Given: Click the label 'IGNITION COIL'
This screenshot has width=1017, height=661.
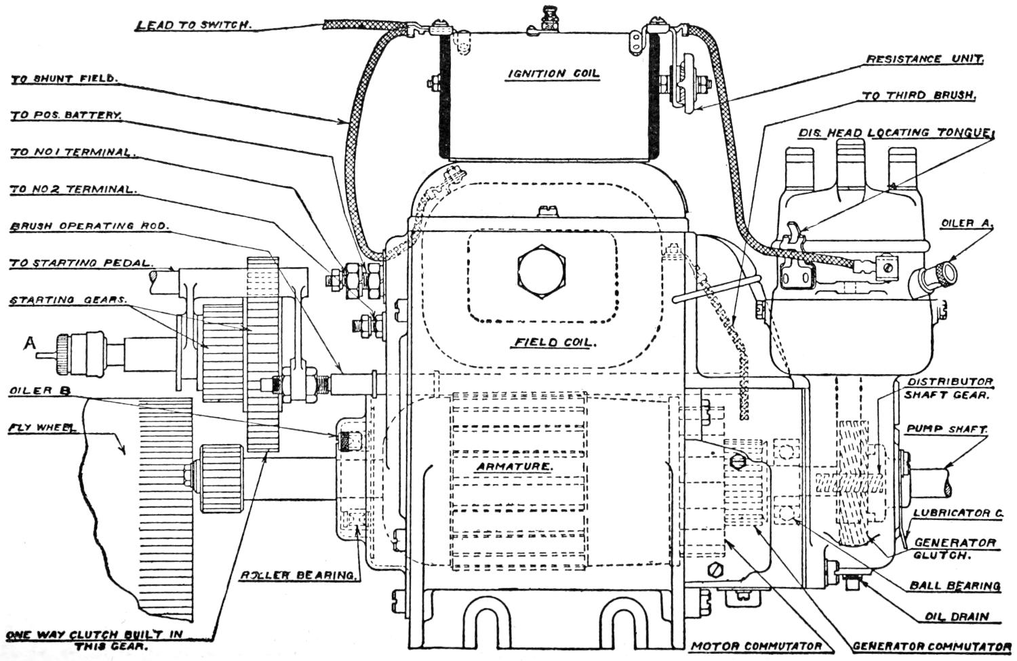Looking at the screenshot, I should click(x=554, y=74).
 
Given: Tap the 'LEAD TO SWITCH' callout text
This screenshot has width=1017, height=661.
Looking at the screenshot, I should click(x=193, y=26).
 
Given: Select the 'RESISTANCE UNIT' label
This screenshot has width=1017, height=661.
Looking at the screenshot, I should click(x=924, y=60).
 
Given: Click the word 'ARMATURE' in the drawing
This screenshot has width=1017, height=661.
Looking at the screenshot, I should click(x=513, y=467).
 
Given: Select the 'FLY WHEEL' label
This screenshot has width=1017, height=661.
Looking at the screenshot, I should click(x=42, y=428).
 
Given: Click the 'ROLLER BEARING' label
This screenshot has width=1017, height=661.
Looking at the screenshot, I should click(x=299, y=576).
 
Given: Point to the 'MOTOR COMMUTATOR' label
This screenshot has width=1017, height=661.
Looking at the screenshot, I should click(x=756, y=646).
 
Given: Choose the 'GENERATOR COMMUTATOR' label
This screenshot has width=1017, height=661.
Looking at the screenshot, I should click(x=932, y=646).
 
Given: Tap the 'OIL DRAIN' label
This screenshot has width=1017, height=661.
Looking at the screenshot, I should click(x=957, y=617).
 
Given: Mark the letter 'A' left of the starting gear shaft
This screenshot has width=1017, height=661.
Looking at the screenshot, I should click(x=29, y=344).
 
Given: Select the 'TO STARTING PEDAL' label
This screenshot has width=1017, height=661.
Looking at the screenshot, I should click(x=81, y=263).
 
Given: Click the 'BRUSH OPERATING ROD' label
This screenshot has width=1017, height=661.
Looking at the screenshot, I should click(x=89, y=226).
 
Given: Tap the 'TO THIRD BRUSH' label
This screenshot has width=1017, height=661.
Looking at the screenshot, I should click(x=919, y=96).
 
